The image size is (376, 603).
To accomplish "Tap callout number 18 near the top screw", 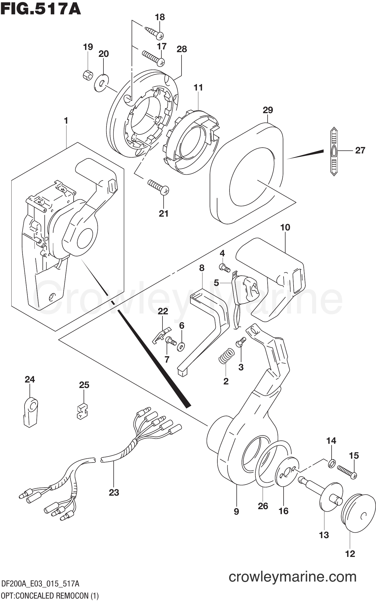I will [x=160, y=17].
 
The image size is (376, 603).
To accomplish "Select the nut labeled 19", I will [x=88, y=74].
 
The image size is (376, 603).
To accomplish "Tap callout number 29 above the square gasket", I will [x=268, y=110].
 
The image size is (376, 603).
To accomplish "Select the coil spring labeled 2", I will [x=226, y=356].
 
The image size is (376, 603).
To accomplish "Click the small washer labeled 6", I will [x=181, y=346].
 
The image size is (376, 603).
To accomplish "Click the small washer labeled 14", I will [x=332, y=464].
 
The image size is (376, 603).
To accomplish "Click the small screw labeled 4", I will [x=224, y=267].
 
